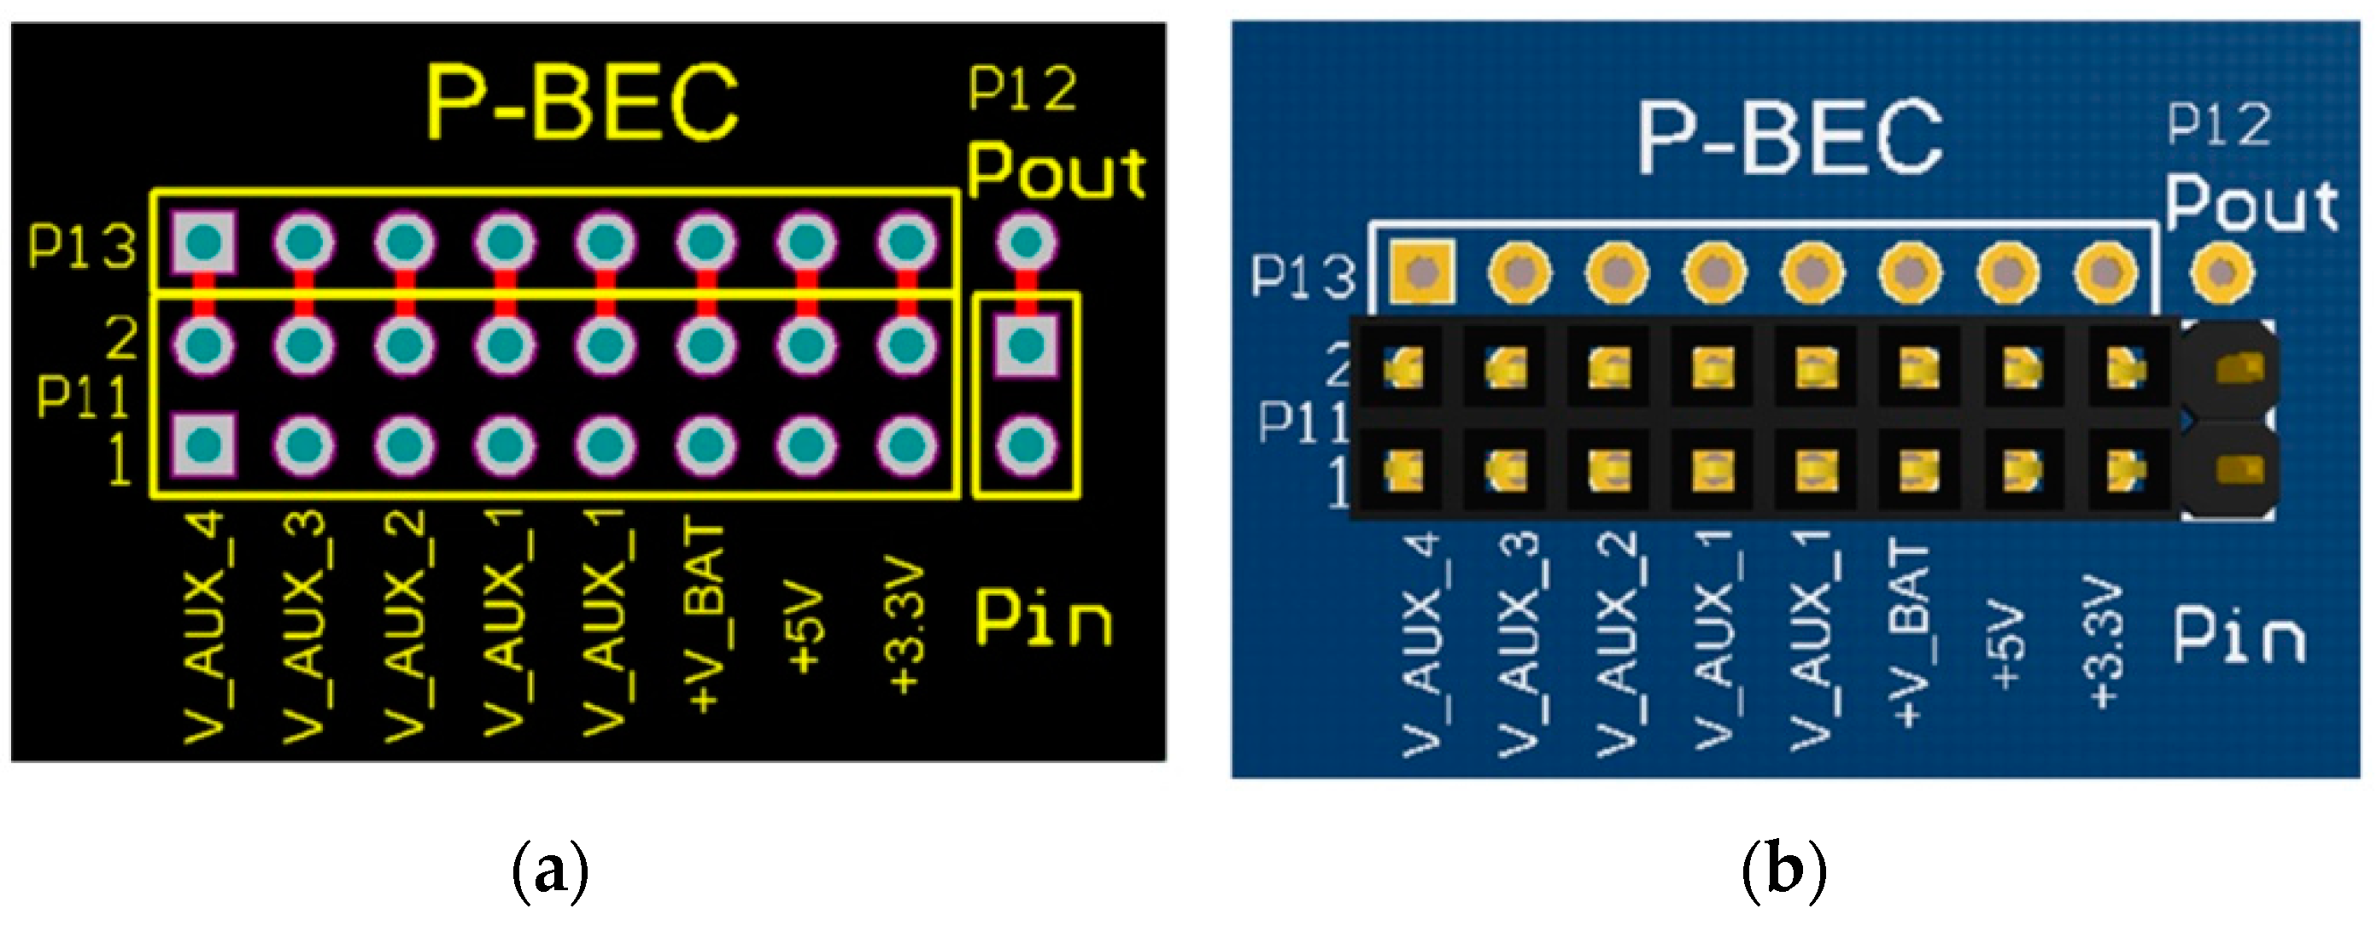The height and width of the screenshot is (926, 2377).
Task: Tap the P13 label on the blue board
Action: pyautogui.click(x=1303, y=276)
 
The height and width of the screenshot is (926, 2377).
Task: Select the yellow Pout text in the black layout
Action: pyautogui.click(x=1057, y=172)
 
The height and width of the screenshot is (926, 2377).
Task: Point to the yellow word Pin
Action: pyautogui.click(x=1044, y=619)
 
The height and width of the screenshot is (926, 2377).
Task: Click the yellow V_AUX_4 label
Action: pyautogui.click(x=205, y=627)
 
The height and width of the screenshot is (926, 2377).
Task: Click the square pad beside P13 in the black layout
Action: pyautogui.click(x=204, y=243)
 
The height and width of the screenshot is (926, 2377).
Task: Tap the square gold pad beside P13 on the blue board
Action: pyautogui.click(x=1422, y=273)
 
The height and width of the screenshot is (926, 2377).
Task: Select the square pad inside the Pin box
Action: pyautogui.click(x=1026, y=346)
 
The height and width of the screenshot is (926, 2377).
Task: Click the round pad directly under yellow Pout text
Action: pyautogui.click(x=1026, y=242)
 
